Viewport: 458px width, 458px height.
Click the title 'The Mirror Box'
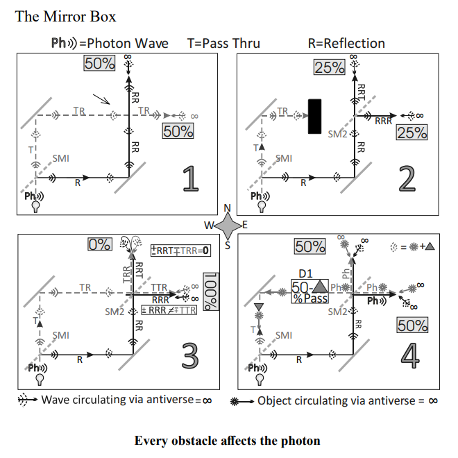[66, 16]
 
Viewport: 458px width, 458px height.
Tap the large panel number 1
[189, 178]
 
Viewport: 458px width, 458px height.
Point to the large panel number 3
[190, 354]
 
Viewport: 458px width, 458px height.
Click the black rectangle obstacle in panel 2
[315, 115]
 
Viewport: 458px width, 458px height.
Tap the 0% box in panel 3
[100, 244]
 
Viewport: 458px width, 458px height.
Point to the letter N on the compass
[227, 208]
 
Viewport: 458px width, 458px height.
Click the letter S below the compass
[228, 244]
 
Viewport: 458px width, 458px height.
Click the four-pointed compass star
[227, 225]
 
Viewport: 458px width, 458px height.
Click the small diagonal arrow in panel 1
[102, 100]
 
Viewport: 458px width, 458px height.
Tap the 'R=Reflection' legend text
[346, 43]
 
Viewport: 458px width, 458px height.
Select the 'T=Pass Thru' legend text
[223, 43]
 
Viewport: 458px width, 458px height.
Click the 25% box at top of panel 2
[329, 67]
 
